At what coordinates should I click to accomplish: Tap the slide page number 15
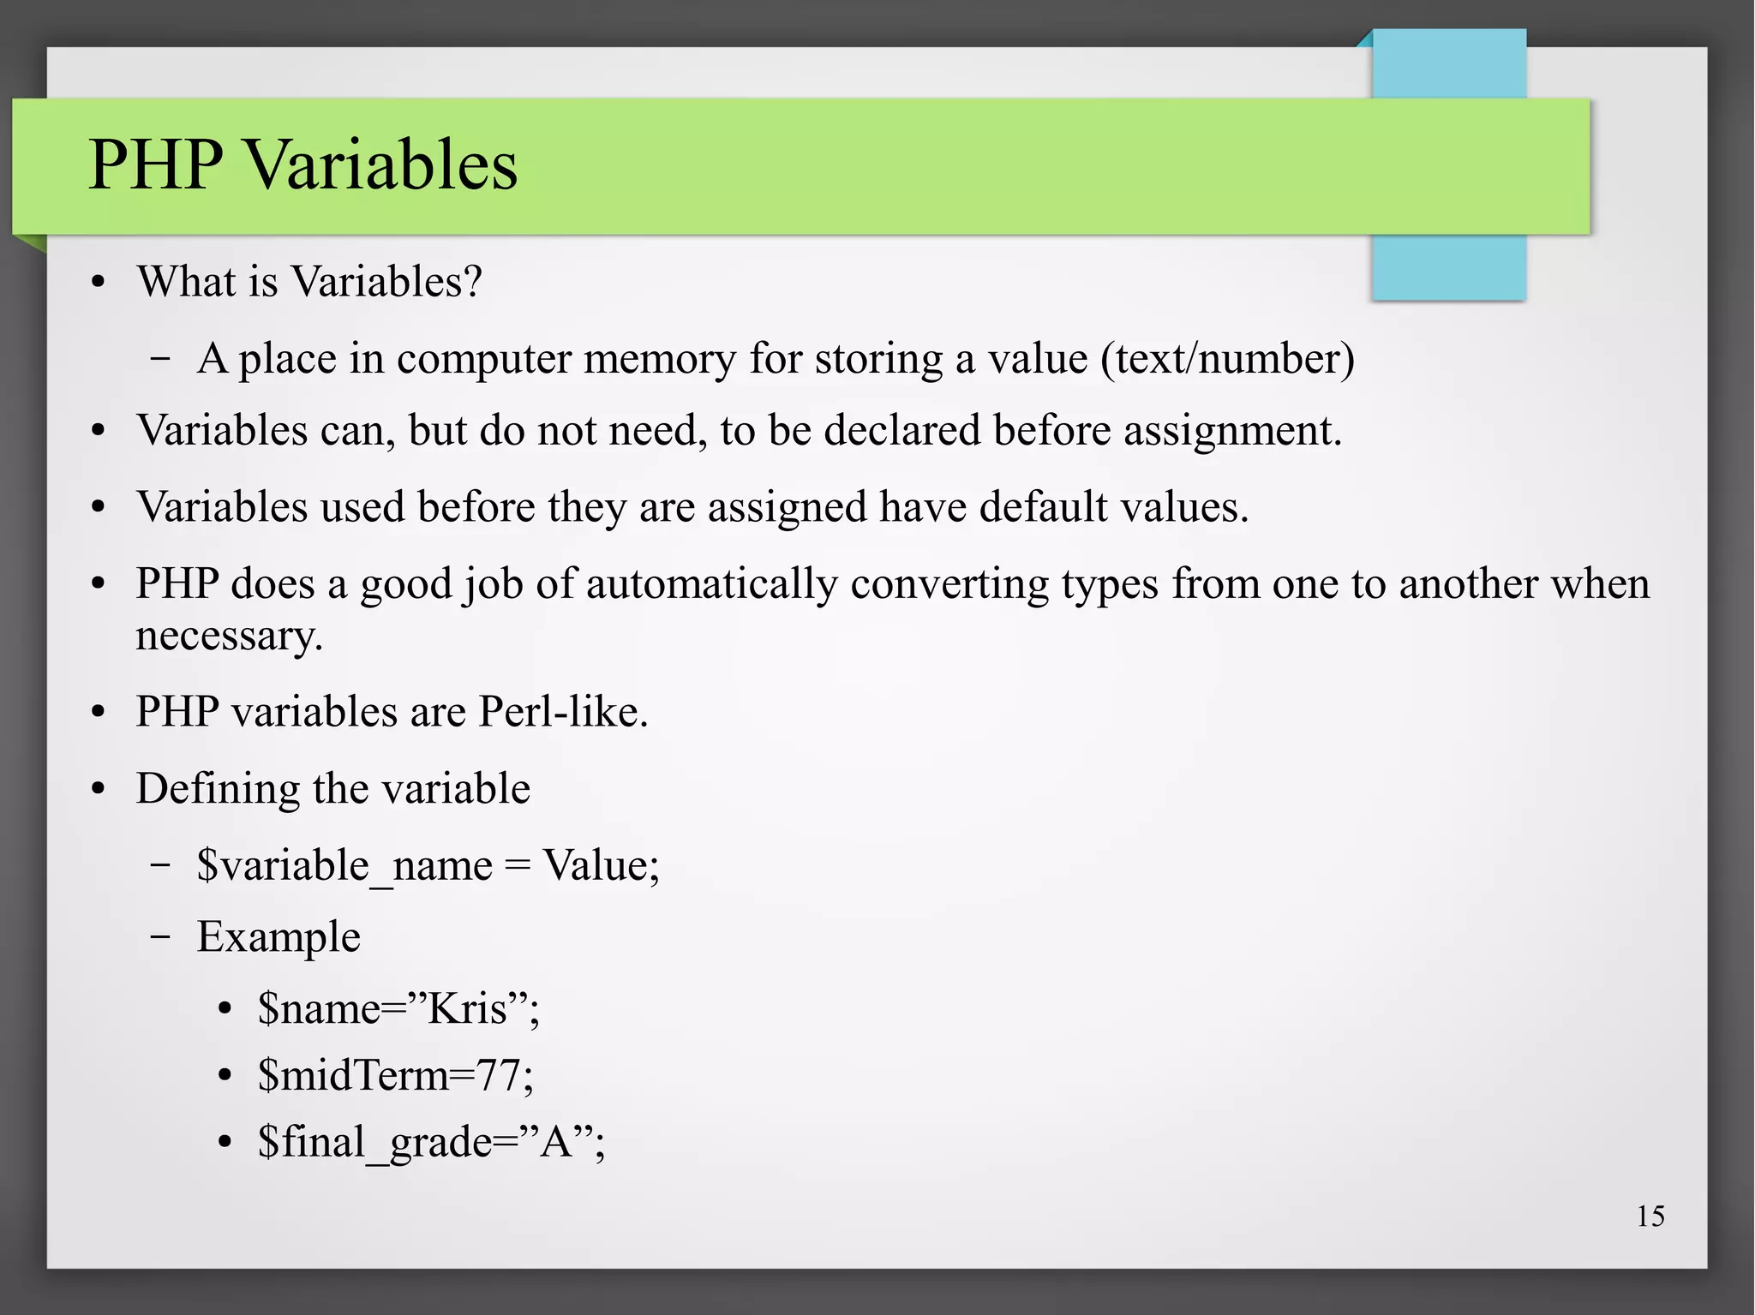pos(1650,1216)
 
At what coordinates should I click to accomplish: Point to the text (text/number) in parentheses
pos(1227,358)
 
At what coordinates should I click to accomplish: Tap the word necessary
pos(229,636)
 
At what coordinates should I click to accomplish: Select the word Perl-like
pos(563,712)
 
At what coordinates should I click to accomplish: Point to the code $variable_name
pos(344,865)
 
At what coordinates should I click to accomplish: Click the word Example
pos(279,936)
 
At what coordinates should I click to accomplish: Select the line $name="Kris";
pos(398,1008)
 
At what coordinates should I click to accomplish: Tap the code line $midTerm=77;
pos(395,1075)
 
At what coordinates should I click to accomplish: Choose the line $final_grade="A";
pos(431,1142)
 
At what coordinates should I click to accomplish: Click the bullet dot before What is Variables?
pos(99,283)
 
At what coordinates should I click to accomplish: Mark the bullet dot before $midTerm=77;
pos(225,1076)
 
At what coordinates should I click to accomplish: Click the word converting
pos(949,584)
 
